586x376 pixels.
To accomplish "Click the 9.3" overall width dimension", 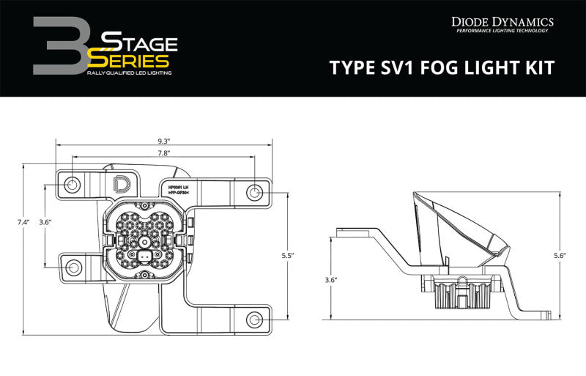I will point(163,141).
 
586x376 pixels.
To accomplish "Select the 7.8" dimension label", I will point(163,154).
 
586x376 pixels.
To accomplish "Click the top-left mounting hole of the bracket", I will point(72,184).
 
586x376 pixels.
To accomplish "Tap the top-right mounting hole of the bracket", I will point(255,193).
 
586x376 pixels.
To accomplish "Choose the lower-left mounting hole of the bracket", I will point(73,268).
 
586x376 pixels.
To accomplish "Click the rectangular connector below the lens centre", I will point(145,256).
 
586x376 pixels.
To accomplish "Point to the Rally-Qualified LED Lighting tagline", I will point(128,74).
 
